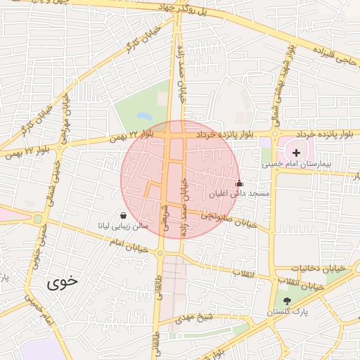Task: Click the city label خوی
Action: pyautogui.click(x=63, y=283)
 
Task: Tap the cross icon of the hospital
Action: pyautogui.click(x=296, y=152)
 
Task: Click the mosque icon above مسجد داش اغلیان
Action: pyautogui.click(x=238, y=183)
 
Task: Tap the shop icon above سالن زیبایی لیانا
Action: pyautogui.click(x=124, y=216)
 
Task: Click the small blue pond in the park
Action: pyautogui.click(x=144, y=115)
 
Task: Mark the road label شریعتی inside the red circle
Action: pyautogui.click(x=166, y=214)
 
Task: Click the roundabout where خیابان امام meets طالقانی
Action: pyautogui.click(x=161, y=252)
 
